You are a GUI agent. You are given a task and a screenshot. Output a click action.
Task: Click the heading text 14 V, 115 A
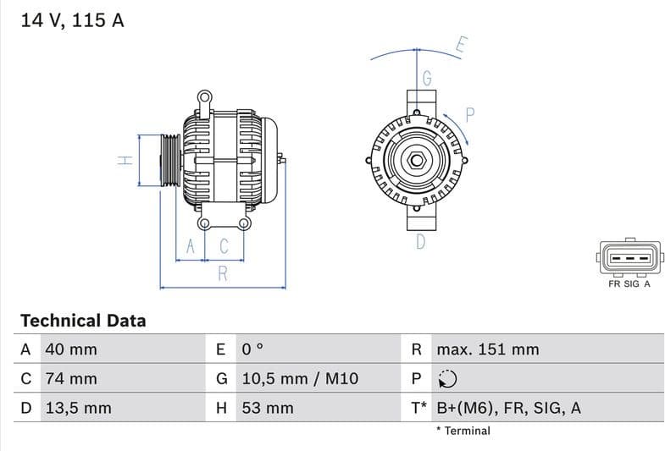[72, 21]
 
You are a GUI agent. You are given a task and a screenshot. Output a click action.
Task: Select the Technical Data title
[83, 321]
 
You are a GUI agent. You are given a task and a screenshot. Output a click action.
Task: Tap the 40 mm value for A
[71, 349]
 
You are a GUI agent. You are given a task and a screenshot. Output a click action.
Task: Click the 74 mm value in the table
[71, 378]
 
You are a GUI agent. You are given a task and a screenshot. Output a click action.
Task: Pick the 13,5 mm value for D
[78, 408]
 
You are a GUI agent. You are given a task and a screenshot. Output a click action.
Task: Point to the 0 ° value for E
[253, 349]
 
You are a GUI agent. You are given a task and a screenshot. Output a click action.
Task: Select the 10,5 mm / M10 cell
[300, 378]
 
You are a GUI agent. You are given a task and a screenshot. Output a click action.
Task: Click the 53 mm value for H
[268, 408]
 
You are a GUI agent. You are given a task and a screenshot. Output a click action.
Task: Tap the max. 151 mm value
[487, 349]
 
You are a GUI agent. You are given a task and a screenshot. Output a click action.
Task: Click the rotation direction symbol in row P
[447, 378]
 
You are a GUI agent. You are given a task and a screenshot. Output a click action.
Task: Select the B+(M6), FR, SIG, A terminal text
[508, 408]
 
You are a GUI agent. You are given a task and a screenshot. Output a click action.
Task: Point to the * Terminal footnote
[463, 431]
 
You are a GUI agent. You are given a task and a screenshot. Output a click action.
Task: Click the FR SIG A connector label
[629, 284]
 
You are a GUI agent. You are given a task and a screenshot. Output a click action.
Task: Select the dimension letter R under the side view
[223, 273]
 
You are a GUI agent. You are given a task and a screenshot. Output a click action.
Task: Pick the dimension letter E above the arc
[461, 45]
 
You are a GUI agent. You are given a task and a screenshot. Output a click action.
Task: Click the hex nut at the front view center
[417, 160]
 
